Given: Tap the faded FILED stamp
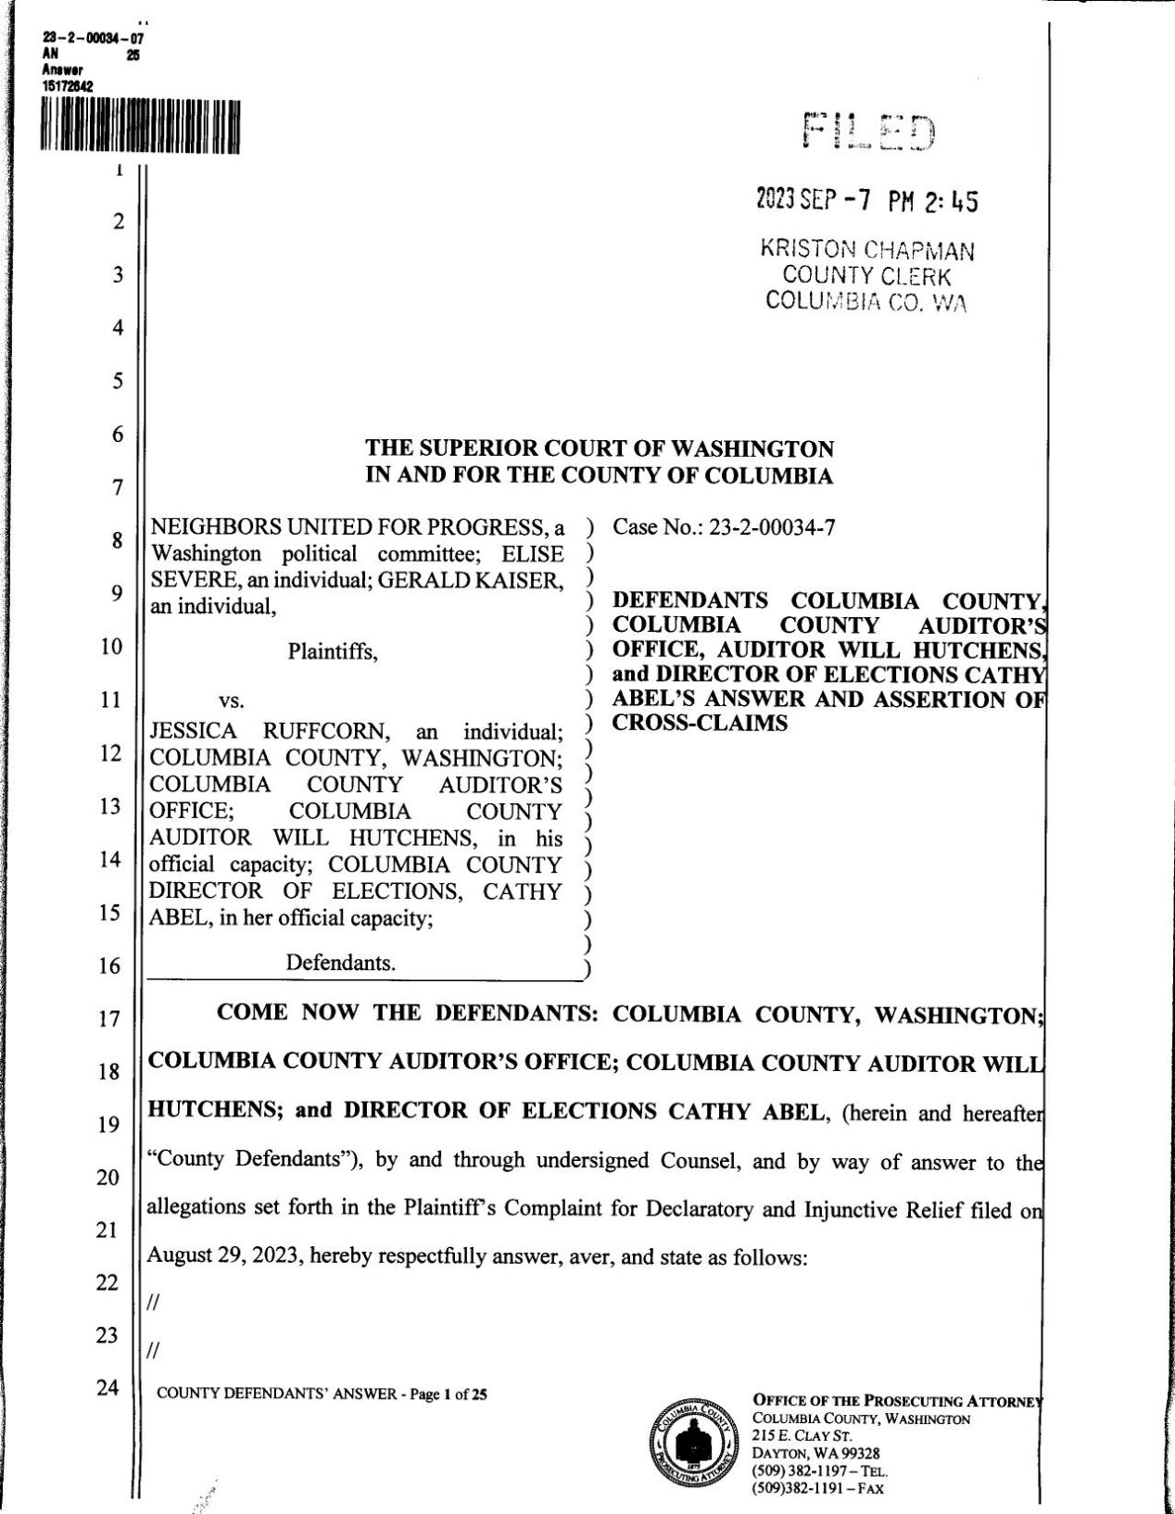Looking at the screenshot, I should tap(868, 132).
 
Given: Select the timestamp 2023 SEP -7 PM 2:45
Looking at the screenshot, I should tap(866, 200).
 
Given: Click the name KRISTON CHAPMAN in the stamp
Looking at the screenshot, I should tap(866, 249).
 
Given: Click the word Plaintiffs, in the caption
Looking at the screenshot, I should tap(333, 651).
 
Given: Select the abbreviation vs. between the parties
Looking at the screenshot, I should tap(231, 700).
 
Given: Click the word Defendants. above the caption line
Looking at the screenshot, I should tap(340, 963).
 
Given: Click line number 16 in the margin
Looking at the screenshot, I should tap(110, 966).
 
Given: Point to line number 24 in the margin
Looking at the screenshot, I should tap(110, 1388).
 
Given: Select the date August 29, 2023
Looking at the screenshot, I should tap(226, 1256).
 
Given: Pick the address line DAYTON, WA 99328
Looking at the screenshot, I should tap(815, 1453).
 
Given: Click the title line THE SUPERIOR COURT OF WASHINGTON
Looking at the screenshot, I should tap(600, 449).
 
